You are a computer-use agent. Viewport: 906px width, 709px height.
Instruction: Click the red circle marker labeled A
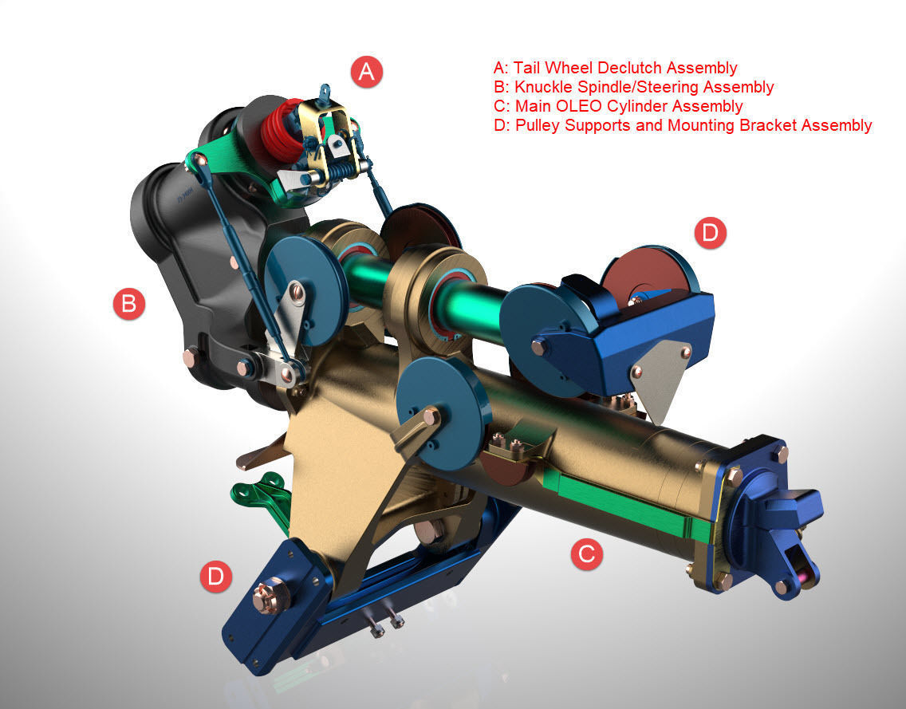pos(367,72)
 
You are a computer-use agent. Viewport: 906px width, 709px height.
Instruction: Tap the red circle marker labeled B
pos(129,304)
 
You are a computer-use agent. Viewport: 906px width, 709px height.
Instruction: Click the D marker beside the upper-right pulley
pos(710,233)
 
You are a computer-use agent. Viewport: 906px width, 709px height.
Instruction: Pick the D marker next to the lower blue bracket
pos(216,576)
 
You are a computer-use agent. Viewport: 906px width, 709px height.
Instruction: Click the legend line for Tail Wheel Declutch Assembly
pos(615,68)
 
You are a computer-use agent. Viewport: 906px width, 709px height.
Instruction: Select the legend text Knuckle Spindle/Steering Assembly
pos(644,87)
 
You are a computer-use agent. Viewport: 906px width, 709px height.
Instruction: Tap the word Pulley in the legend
pos(538,125)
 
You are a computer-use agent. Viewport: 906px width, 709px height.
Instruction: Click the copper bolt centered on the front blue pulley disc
pos(431,416)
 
